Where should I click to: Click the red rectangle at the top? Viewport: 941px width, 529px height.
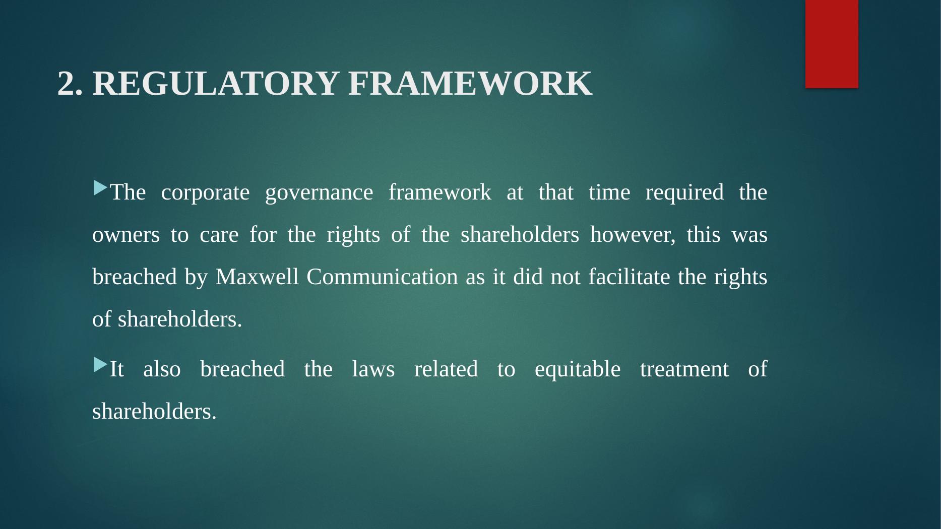832,44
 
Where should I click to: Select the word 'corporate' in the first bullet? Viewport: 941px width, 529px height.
205,193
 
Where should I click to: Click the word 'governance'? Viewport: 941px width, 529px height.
319,193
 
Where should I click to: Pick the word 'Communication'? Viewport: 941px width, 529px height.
382,277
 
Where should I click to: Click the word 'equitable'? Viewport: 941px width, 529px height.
578,370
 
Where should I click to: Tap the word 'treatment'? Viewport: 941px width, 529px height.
684,370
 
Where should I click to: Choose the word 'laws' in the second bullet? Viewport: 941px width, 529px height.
373,370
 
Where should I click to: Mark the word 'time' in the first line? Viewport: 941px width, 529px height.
609,193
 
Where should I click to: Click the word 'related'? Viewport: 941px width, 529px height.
446,370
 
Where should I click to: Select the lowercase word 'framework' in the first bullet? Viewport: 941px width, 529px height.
440,193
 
